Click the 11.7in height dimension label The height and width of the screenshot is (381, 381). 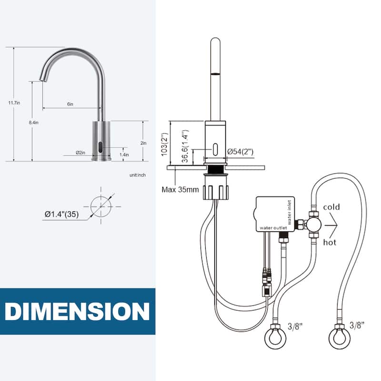tap(14, 103)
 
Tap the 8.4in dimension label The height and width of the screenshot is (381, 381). tap(33, 122)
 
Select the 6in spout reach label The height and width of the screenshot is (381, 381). tap(70, 104)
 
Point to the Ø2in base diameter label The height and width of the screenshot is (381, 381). tap(80, 152)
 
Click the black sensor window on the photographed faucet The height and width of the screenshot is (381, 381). tap(100, 148)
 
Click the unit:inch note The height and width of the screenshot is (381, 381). tap(138, 175)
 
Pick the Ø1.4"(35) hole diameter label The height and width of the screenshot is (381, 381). tap(62, 214)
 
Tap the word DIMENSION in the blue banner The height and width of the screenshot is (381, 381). tap(77, 311)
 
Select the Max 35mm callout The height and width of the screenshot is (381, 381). tap(180, 189)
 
